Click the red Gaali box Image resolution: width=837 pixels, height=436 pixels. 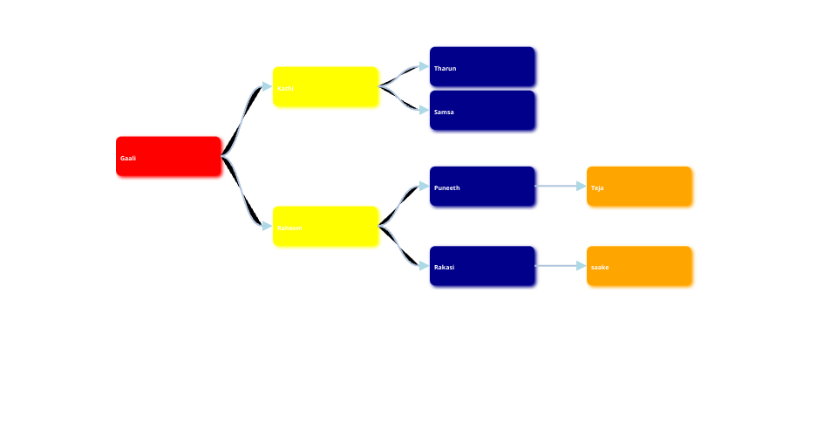pyautogui.click(x=168, y=157)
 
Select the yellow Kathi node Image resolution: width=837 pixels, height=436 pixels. pyautogui.click(x=325, y=87)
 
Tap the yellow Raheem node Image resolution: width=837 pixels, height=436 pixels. pyautogui.click(x=325, y=227)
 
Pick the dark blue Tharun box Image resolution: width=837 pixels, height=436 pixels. pyautogui.click(x=482, y=67)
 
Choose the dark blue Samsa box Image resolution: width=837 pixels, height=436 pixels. pyautogui.click(x=482, y=111)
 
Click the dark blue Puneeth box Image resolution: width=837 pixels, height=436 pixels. pyautogui.click(x=482, y=187)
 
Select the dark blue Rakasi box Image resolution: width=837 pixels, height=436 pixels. pyautogui.click(x=482, y=266)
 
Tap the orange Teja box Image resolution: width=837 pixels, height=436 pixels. pyautogui.click(x=639, y=187)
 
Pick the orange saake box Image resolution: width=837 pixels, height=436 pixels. pyautogui.click(x=639, y=266)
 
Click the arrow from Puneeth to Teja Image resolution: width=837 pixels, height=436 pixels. pyautogui.click(x=558, y=186)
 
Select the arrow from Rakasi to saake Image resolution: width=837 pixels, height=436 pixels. pyautogui.click(x=558, y=265)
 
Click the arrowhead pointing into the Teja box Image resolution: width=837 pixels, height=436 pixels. pyautogui.click(x=582, y=186)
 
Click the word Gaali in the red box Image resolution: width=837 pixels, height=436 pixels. pyautogui.click(x=128, y=159)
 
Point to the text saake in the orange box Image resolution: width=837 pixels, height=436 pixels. pyautogui.click(x=600, y=268)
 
